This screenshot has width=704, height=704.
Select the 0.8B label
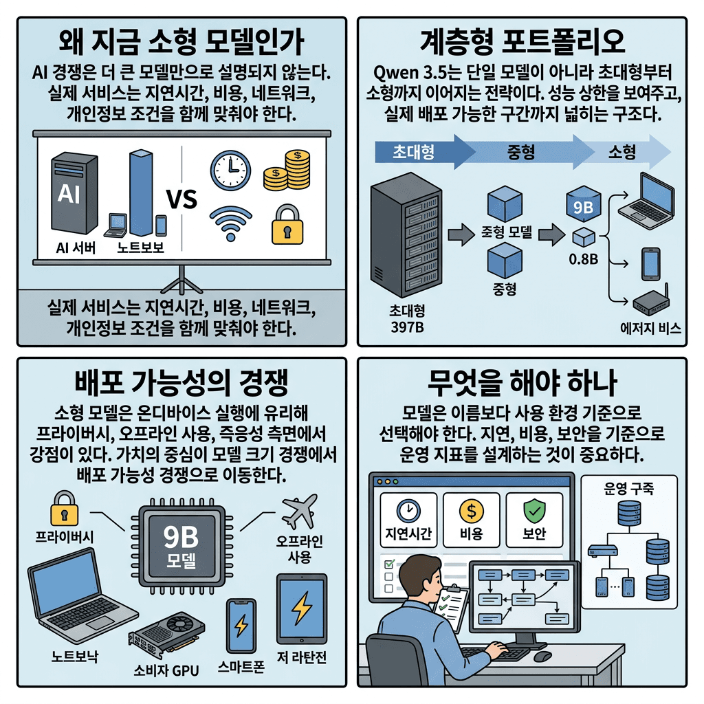[x=582, y=261]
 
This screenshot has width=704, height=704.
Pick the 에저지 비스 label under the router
[x=650, y=329]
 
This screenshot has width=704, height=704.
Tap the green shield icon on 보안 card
[x=534, y=510]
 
